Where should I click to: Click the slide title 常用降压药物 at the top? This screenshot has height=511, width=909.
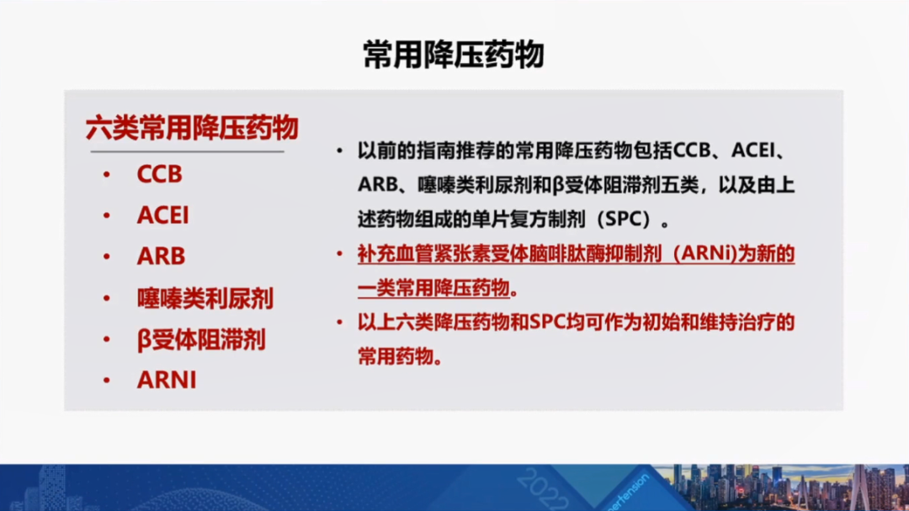coord(454,55)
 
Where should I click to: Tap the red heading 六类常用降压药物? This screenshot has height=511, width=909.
coord(192,128)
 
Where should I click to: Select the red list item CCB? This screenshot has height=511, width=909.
coord(159,174)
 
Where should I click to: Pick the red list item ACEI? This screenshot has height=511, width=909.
coord(163,216)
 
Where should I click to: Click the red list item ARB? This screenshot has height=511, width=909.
coord(161,256)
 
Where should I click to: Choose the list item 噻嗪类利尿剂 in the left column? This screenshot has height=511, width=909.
coord(205,298)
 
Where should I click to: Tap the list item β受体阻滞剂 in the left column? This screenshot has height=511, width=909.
coord(201,340)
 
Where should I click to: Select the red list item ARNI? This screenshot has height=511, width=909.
coord(167,380)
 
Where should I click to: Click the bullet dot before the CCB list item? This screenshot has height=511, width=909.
coord(107,174)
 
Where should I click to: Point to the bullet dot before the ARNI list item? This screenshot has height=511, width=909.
coord(107,381)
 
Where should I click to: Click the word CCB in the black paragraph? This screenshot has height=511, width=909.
coord(692,151)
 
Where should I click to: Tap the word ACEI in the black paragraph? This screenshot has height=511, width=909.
coord(753,151)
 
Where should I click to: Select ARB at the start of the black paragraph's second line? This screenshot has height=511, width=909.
coord(377,185)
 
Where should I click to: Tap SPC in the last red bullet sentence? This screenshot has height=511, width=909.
coord(548,322)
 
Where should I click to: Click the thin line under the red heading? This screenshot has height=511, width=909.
coord(187,152)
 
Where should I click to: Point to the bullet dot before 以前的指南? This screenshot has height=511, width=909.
coord(340,152)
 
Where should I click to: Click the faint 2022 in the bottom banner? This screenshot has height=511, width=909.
coord(541,490)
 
